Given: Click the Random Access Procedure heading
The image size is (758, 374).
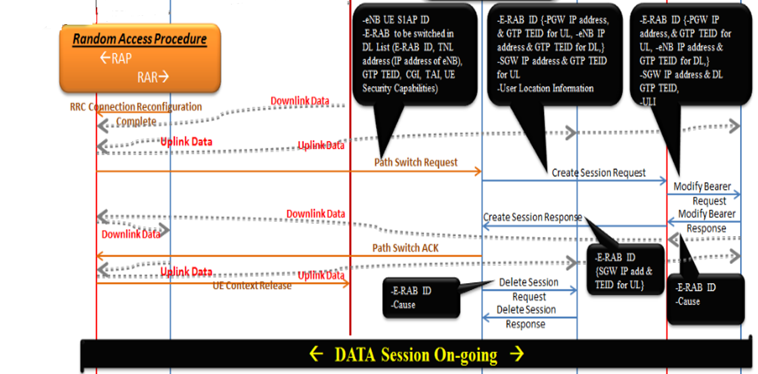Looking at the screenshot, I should (x=139, y=39).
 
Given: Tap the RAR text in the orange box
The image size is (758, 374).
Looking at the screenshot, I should (x=153, y=77).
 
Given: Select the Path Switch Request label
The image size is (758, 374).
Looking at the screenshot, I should (x=416, y=163).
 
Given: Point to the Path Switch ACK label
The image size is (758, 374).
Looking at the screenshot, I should (x=405, y=247).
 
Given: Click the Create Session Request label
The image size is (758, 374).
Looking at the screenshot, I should (x=598, y=173).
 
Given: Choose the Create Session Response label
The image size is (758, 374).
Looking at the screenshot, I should (x=532, y=217).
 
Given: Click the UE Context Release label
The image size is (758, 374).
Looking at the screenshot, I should (x=252, y=286).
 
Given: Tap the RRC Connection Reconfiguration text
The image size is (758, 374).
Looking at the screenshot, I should (x=136, y=107).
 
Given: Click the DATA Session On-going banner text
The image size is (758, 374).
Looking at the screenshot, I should (x=415, y=354).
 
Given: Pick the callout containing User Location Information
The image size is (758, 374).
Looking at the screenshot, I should (x=554, y=54).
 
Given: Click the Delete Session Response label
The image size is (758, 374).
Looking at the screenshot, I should (x=526, y=317).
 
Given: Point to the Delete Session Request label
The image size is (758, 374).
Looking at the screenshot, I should (x=528, y=289).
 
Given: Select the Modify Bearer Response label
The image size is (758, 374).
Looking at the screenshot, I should (x=706, y=221).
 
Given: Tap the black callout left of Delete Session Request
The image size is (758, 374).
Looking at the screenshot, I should (x=421, y=298).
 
